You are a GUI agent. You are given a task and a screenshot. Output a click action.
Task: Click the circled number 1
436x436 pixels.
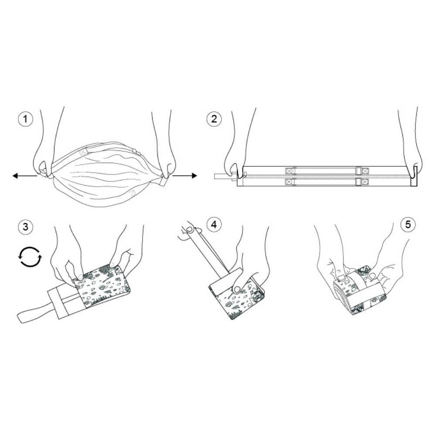click(x=25, y=119)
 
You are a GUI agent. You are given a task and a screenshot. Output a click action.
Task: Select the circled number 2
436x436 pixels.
click(x=214, y=119)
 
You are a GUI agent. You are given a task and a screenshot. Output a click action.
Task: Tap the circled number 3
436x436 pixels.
click(x=25, y=226)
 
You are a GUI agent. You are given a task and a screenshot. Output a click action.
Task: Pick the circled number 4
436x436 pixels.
click(x=214, y=224)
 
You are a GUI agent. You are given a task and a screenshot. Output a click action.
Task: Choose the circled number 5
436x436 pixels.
click(x=408, y=224)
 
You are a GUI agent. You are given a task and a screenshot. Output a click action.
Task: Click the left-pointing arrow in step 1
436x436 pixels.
click(x=25, y=176)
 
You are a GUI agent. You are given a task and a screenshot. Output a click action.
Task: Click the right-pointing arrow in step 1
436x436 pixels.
click(x=184, y=175)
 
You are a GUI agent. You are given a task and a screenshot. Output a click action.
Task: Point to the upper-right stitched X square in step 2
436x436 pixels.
click(x=365, y=170)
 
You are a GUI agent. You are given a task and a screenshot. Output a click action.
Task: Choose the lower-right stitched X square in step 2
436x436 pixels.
click(x=365, y=182)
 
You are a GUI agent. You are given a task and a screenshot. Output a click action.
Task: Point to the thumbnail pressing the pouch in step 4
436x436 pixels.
click(x=237, y=289)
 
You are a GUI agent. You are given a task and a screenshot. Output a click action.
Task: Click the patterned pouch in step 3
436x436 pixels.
click(x=102, y=286)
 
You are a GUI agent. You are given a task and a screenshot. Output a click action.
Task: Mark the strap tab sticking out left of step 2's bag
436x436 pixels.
click(x=221, y=176)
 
